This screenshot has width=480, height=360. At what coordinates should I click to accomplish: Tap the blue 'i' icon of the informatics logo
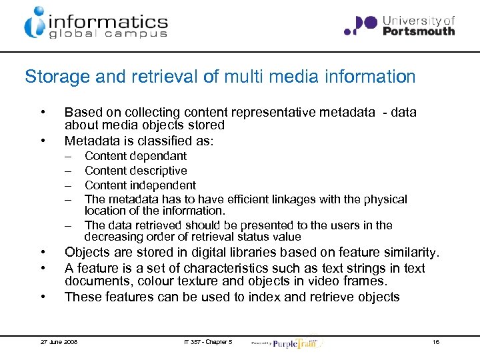[x=34, y=23]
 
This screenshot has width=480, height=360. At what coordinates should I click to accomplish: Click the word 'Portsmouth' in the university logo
[x=419, y=31]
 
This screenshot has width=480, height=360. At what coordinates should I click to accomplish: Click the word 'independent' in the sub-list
[x=163, y=185]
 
